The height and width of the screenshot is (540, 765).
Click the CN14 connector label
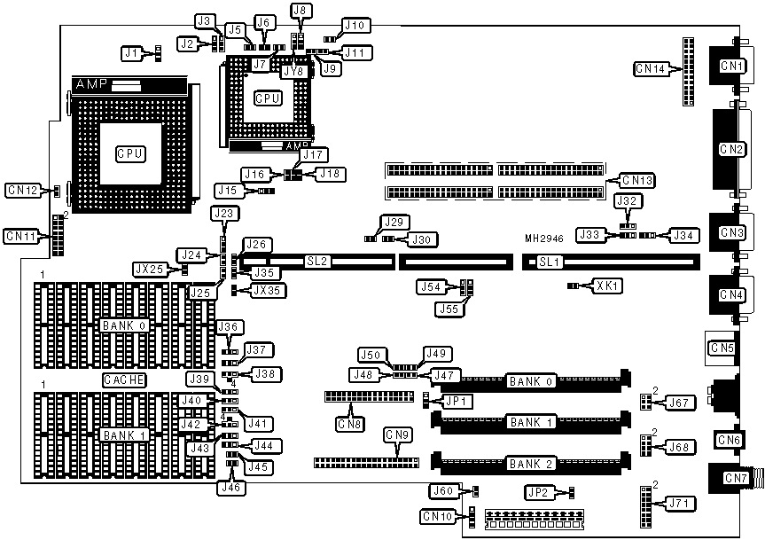click(652, 67)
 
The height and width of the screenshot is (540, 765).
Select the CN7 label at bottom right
click(736, 479)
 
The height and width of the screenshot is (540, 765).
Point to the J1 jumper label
click(132, 53)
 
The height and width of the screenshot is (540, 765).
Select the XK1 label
click(606, 286)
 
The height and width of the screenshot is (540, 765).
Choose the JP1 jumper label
click(457, 401)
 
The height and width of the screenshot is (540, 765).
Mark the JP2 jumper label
click(537, 491)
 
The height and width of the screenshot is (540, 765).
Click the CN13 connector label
click(636, 181)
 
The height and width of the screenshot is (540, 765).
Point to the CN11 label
click(21, 236)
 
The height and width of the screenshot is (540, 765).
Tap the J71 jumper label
click(680, 504)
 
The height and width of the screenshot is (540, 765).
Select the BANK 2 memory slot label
click(530, 463)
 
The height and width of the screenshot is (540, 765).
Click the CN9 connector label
click(397, 434)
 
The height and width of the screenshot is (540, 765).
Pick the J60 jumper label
click(442, 491)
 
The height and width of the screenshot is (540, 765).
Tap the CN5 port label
click(722, 348)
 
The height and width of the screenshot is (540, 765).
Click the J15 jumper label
click(227, 190)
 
